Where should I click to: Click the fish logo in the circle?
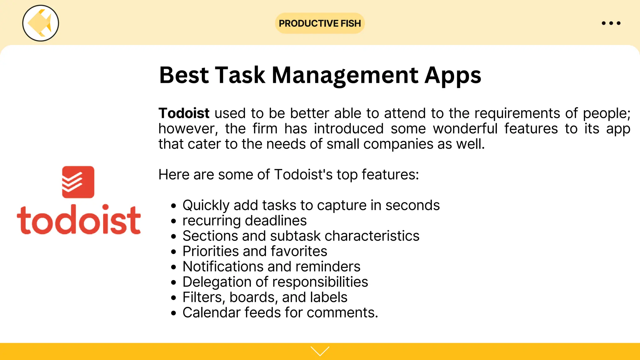40,23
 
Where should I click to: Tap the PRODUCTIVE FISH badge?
320,23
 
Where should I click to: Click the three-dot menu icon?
611,23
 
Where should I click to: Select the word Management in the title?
345,76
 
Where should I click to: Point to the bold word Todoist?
184,113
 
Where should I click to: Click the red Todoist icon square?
78,182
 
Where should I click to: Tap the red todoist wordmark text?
79,220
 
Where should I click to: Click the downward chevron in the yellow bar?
320,351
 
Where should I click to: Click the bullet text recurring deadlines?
244,221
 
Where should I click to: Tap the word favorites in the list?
299,251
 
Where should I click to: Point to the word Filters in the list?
203,297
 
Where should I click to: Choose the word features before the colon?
390,175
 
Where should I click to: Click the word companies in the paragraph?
398,144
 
